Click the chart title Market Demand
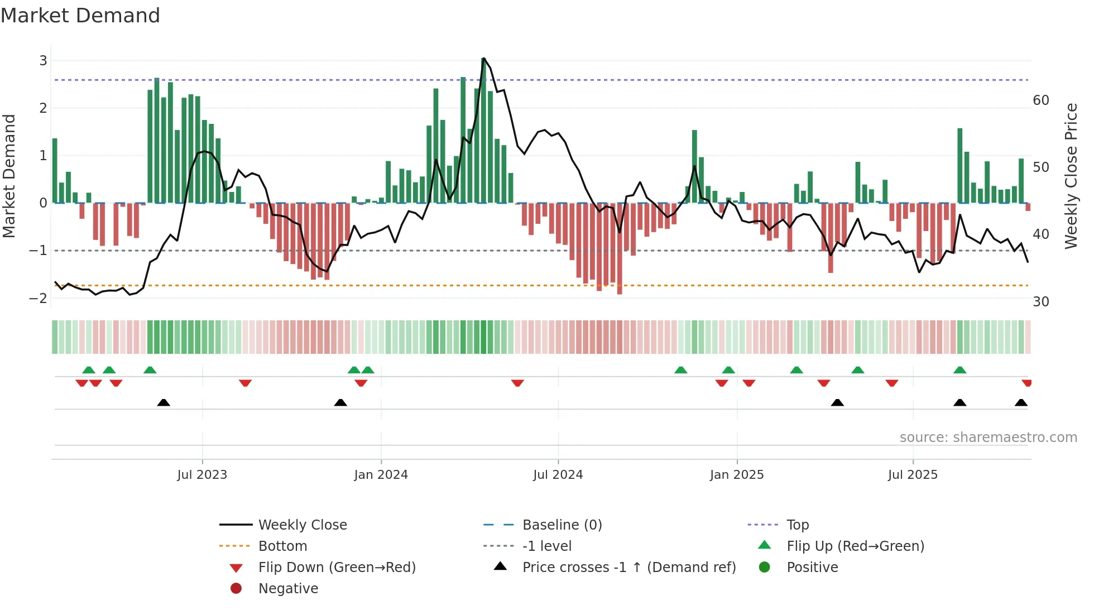point(80,16)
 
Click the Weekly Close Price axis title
point(1071,176)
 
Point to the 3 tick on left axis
point(43,60)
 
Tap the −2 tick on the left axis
point(39,298)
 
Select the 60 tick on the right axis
point(1040,100)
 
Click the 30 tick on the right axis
point(1040,302)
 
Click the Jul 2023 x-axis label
point(202,475)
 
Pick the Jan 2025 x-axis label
point(736,475)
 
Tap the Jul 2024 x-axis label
point(558,475)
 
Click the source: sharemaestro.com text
point(988,438)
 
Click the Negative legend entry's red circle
point(236,588)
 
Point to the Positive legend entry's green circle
point(765,567)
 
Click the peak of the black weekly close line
point(483,58)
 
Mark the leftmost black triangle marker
point(164,402)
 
